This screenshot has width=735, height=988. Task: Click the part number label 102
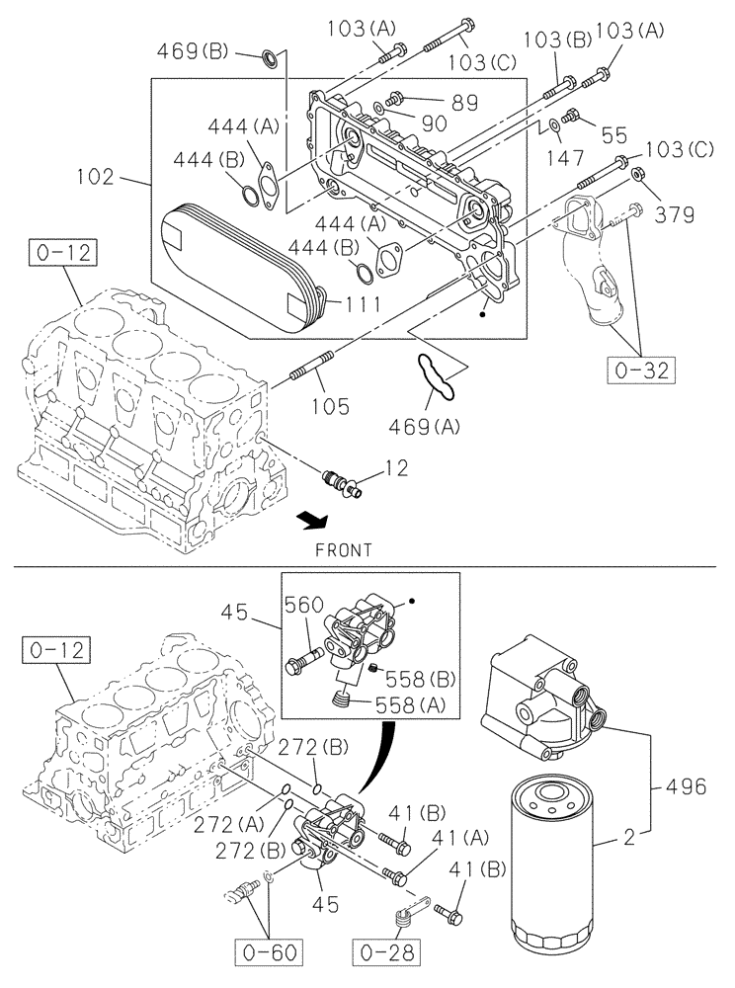(x=97, y=179)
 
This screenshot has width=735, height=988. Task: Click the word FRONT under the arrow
(x=344, y=550)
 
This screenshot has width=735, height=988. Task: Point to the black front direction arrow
(x=313, y=518)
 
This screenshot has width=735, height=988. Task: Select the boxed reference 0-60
(x=270, y=952)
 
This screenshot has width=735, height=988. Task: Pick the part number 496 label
(x=687, y=786)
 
